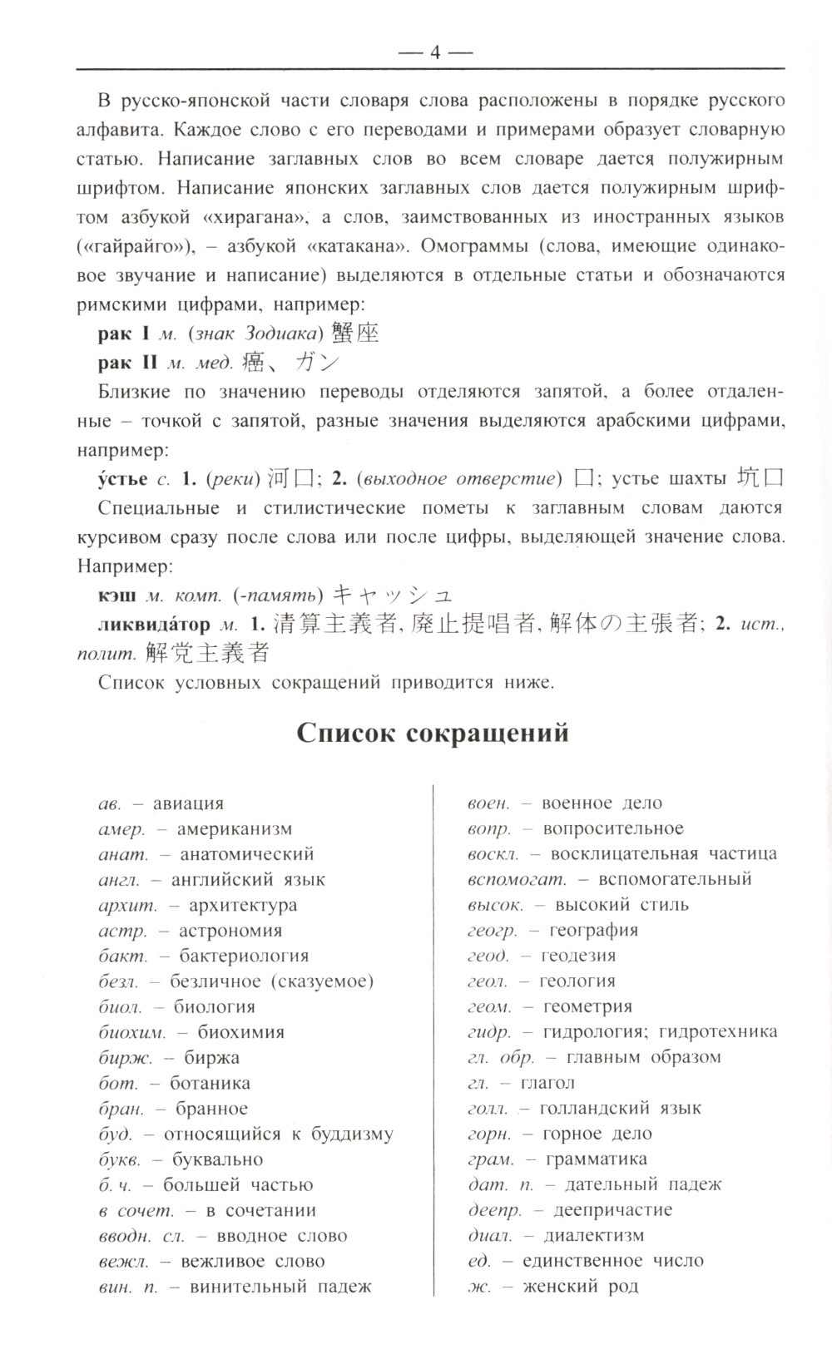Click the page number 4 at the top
pyautogui.click(x=433, y=52)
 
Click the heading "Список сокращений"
pyautogui.click(x=433, y=734)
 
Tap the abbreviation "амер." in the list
pyautogui.click(x=121, y=828)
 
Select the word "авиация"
pyautogui.click(x=188, y=803)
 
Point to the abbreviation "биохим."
pyautogui.click(x=131, y=1032)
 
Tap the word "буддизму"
pyautogui.click(x=352, y=1134)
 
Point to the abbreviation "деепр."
pyautogui.click(x=494, y=1209)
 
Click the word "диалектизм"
pyautogui.click(x=594, y=1235)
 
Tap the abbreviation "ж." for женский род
pyautogui.click(x=478, y=1287)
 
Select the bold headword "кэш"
pyautogui.click(x=116, y=595)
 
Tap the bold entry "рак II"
pyautogui.click(x=127, y=363)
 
